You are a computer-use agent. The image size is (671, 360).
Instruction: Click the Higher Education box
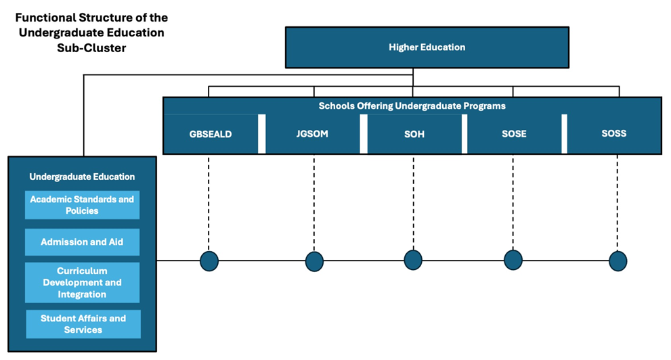pos(427,47)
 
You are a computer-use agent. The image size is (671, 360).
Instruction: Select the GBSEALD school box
pos(211,134)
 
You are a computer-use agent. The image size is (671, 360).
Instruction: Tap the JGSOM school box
pos(313,134)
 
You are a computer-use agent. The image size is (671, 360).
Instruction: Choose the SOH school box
pos(414,134)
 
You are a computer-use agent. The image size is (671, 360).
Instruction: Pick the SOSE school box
pos(513,134)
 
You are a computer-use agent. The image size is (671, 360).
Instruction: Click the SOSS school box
pos(613,133)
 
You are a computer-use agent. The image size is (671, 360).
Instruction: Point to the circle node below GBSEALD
pos(209,261)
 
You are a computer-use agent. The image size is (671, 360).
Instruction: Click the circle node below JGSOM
pos(314,261)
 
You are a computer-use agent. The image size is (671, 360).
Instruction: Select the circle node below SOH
pos(413,260)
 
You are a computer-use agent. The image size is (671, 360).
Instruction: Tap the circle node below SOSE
pos(513,260)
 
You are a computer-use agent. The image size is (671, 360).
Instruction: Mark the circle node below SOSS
pos(618,261)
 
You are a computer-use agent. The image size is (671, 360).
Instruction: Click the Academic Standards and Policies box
pos(82,205)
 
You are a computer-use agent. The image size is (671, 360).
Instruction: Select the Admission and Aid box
pos(82,242)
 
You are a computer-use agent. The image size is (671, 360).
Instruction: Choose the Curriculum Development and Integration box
pos(82,283)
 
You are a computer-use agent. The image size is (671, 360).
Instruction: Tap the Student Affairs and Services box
pos(83,324)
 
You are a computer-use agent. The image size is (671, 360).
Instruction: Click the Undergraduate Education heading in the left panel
pos(82,177)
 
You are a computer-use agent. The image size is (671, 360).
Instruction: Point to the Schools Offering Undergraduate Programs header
pos(412,106)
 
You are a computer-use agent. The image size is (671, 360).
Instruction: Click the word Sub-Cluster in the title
pos(91,48)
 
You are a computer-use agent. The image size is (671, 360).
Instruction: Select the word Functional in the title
pos(43,17)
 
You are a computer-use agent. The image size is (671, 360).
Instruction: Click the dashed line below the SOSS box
pos(618,203)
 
